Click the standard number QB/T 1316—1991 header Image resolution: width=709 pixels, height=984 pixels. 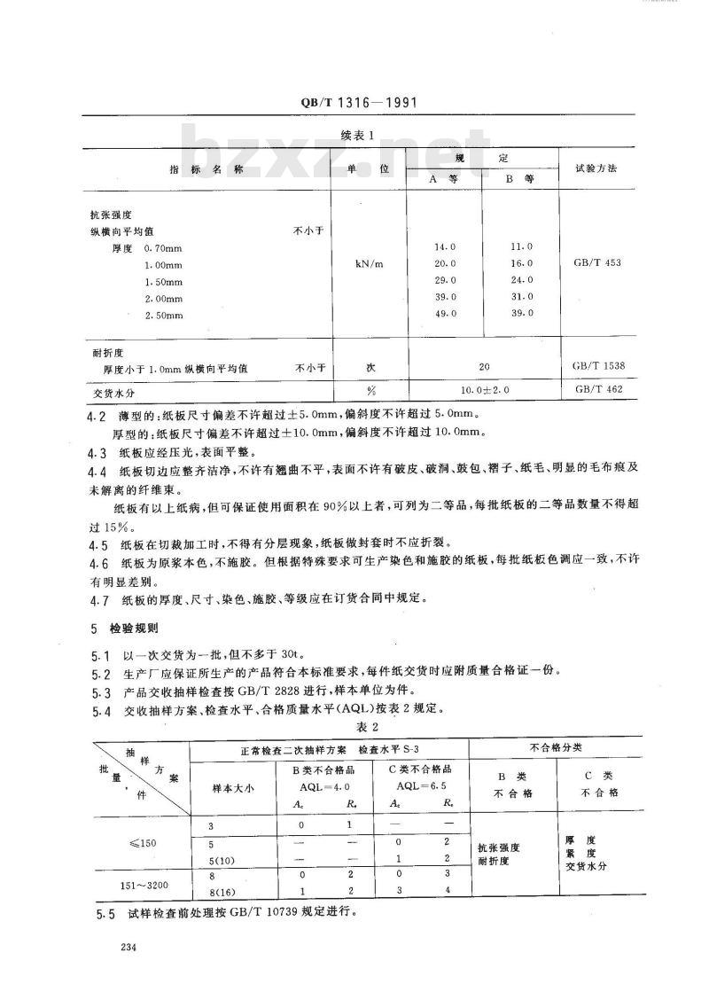point(354,103)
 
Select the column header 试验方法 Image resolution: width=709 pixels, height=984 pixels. point(596,167)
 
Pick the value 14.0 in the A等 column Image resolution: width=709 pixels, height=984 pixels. point(444,246)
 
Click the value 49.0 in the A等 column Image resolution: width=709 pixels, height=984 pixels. point(444,313)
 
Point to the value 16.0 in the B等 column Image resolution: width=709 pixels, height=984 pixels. point(522,263)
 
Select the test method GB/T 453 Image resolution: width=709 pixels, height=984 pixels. point(595,263)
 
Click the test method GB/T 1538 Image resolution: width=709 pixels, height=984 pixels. point(594,364)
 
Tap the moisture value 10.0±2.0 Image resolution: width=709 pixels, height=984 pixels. point(482,388)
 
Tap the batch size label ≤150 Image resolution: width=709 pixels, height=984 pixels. point(141,842)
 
